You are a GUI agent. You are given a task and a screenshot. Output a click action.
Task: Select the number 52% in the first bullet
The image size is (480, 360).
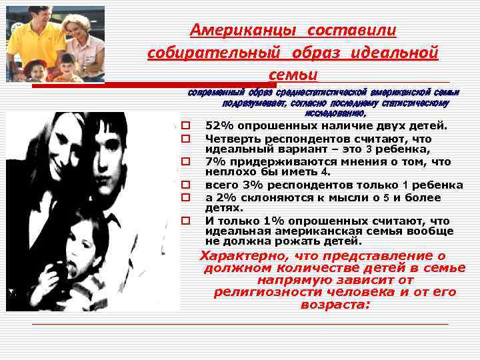coord(218,127)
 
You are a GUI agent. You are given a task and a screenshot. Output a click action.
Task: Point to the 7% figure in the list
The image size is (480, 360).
coord(215,162)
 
